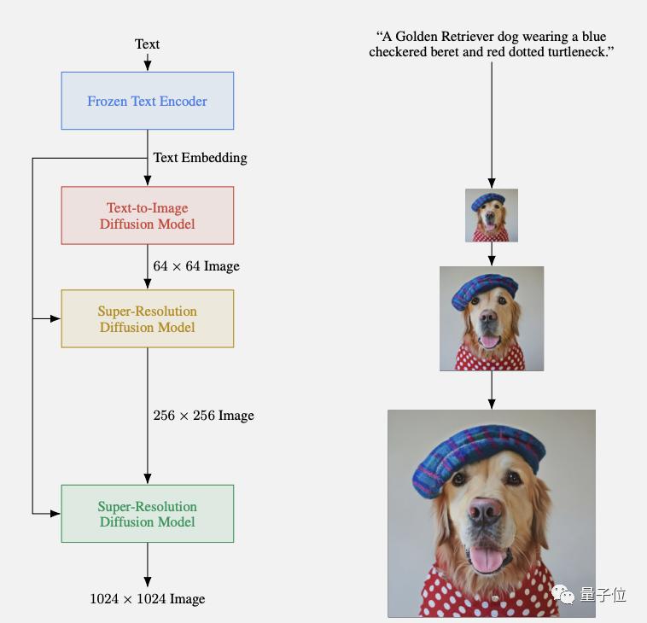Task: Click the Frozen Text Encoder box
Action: pyautogui.click(x=147, y=101)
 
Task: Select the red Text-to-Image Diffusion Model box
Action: pyautogui.click(x=147, y=216)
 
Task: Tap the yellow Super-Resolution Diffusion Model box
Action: pyautogui.click(x=147, y=318)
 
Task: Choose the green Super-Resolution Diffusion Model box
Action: pyautogui.click(x=147, y=514)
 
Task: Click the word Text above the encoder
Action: pyautogui.click(x=147, y=44)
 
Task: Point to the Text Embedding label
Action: pyautogui.click(x=200, y=157)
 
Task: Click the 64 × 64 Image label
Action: pyautogui.click(x=196, y=266)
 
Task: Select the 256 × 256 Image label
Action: pyautogui.click(x=203, y=416)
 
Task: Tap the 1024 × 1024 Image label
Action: pyautogui.click(x=147, y=599)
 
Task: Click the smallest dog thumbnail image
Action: pyautogui.click(x=492, y=215)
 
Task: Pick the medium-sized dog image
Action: pyautogui.click(x=492, y=318)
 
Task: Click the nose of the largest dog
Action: pyautogui.click(x=484, y=511)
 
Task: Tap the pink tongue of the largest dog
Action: pyautogui.click(x=488, y=560)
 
